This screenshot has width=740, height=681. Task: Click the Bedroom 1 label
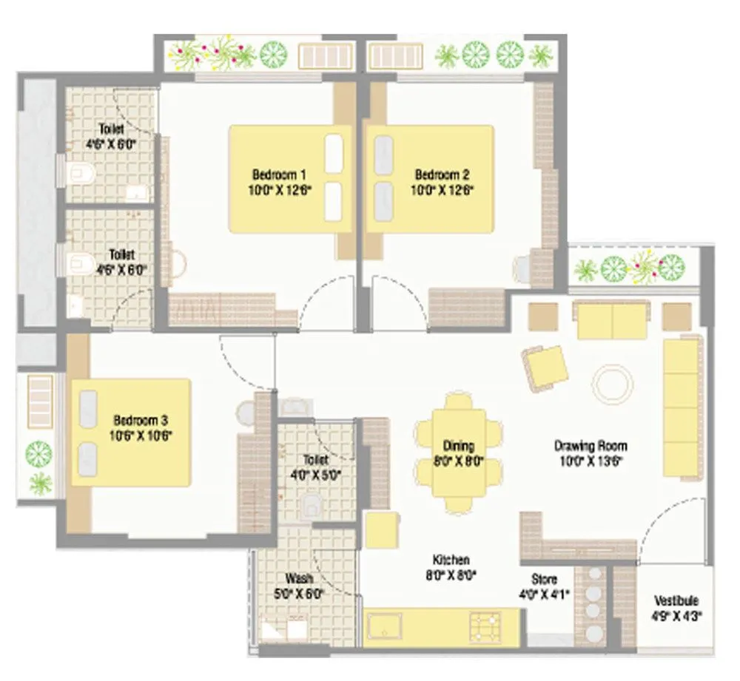[x=279, y=175]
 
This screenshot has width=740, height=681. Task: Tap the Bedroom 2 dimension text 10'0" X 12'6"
[x=442, y=189]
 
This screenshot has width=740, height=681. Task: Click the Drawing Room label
[x=591, y=446]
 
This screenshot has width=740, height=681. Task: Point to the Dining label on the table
[x=458, y=446]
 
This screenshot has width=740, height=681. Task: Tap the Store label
[x=544, y=578]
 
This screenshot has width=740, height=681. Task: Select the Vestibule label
[x=676, y=600]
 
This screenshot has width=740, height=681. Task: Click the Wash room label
[x=298, y=578]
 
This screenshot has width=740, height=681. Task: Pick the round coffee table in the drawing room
[x=612, y=383]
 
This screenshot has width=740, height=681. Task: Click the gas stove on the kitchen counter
[x=485, y=626]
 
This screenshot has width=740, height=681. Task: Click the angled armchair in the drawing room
[x=545, y=367]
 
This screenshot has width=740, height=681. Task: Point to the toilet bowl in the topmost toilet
[x=79, y=174]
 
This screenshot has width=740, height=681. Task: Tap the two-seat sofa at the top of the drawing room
[x=612, y=319]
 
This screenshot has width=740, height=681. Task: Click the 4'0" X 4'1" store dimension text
[x=544, y=593]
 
